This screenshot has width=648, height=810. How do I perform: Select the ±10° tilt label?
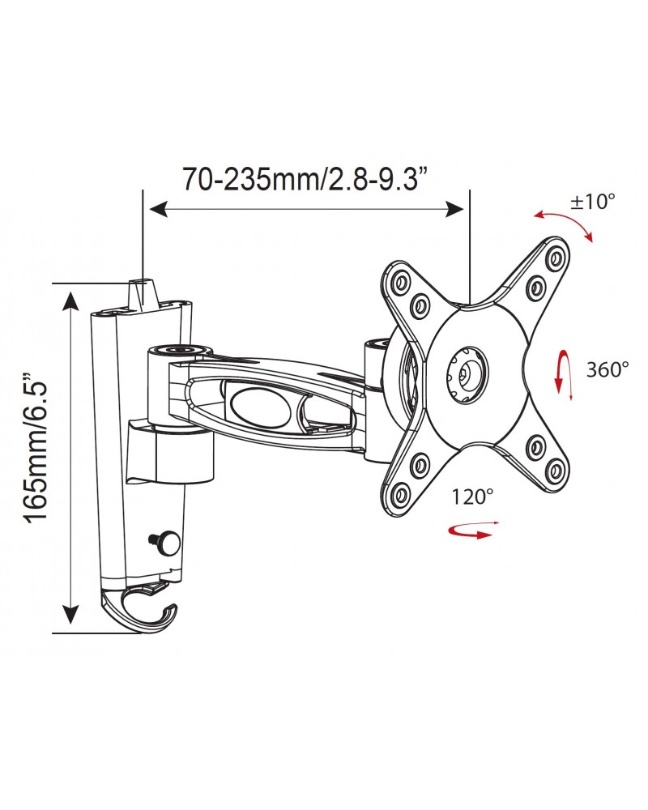593,202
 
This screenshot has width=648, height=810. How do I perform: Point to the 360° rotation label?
607,369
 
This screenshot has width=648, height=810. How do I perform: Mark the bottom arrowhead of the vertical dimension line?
73,623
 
